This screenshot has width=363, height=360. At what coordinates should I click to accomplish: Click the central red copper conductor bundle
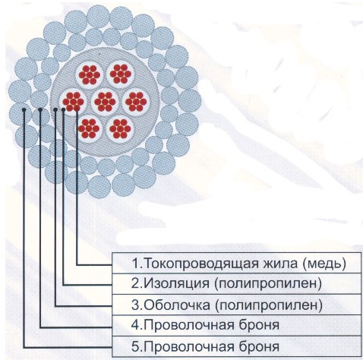[x=105, y=102]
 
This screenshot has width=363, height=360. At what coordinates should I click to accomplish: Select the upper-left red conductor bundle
[x=90, y=74]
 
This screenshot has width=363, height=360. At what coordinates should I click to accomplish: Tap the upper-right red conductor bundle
[x=121, y=74]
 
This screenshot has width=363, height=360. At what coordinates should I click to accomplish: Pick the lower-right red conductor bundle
[x=120, y=129]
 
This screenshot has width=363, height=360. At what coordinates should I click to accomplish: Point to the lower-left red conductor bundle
[x=89, y=128]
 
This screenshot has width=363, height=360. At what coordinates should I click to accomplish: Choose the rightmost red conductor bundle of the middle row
[x=136, y=102]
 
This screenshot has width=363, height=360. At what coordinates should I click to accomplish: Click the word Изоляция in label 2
[x=177, y=283]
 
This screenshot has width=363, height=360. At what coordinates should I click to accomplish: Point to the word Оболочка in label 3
[x=177, y=305]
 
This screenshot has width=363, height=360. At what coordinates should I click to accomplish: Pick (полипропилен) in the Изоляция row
[x=268, y=284]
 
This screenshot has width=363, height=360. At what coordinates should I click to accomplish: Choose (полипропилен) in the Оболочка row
[x=269, y=305]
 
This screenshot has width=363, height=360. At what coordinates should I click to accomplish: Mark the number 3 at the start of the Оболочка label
[x=135, y=305]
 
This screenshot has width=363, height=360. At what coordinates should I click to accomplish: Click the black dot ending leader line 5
[x=24, y=109]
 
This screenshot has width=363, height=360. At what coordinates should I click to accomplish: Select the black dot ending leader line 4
[x=40, y=109]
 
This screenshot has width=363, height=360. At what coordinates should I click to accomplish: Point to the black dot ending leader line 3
[x=55, y=109]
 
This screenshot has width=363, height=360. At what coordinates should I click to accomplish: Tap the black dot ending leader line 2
[x=63, y=109]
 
